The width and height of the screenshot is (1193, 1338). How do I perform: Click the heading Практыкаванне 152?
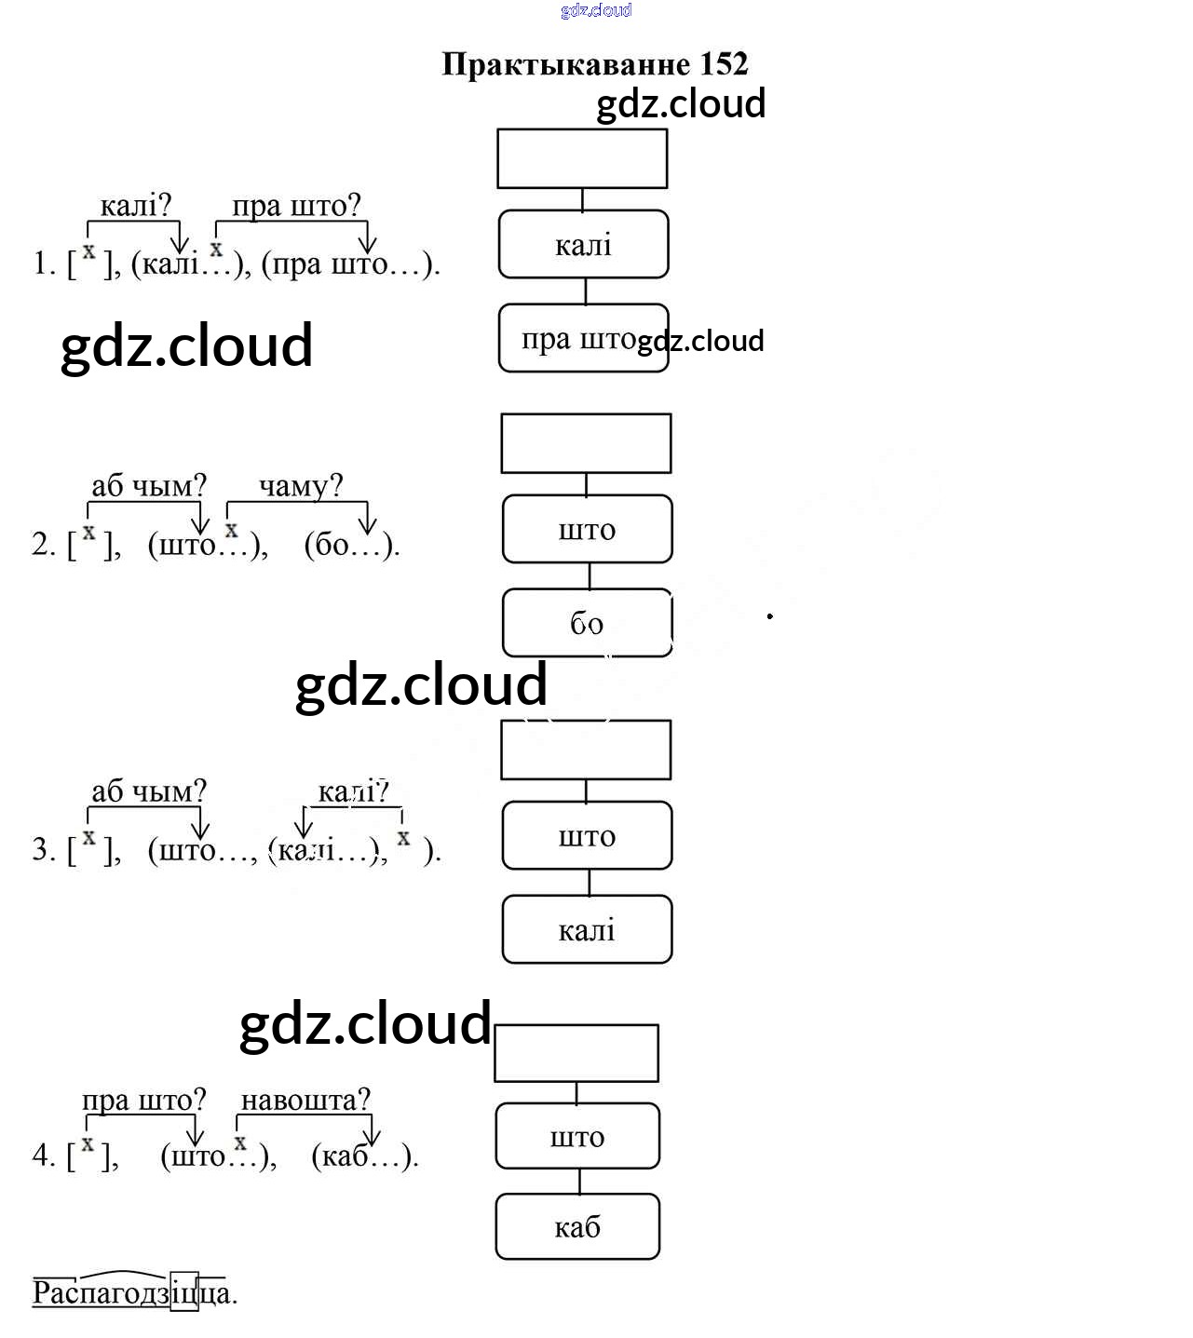[x=594, y=63]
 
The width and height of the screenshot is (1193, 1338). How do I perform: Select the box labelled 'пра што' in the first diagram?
[x=583, y=338]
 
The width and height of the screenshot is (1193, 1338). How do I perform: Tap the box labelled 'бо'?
[x=587, y=623]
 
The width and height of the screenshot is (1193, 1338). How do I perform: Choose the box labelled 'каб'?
[x=577, y=1227]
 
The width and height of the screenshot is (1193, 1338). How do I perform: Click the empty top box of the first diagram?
[x=582, y=158]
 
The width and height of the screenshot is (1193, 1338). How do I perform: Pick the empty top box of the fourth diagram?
[x=576, y=1053]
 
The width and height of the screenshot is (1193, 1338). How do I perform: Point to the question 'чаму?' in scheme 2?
[x=300, y=485]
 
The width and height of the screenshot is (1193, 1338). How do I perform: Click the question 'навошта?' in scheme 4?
[x=305, y=1100]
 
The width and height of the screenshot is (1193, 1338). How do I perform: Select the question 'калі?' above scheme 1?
[x=136, y=205]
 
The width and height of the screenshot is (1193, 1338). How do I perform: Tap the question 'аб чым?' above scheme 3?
[x=148, y=791]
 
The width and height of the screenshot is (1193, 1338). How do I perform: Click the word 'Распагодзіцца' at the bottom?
[x=134, y=1292]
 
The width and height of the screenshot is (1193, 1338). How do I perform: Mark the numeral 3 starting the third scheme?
[x=40, y=849]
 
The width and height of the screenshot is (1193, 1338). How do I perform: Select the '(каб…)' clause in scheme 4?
[x=364, y=1156]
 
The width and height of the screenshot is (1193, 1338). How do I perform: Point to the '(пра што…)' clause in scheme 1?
[x=350, y=264]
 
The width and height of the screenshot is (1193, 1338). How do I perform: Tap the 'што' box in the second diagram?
[x=587, y=529]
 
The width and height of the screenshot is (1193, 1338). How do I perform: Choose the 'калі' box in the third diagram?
[x=587, y=929]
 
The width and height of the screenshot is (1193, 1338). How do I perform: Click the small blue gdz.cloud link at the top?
[x=596, y=10]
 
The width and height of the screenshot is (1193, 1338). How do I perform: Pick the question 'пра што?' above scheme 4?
[x=143, y=1100]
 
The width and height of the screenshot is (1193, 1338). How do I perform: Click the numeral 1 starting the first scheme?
[x=40, y=264]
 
